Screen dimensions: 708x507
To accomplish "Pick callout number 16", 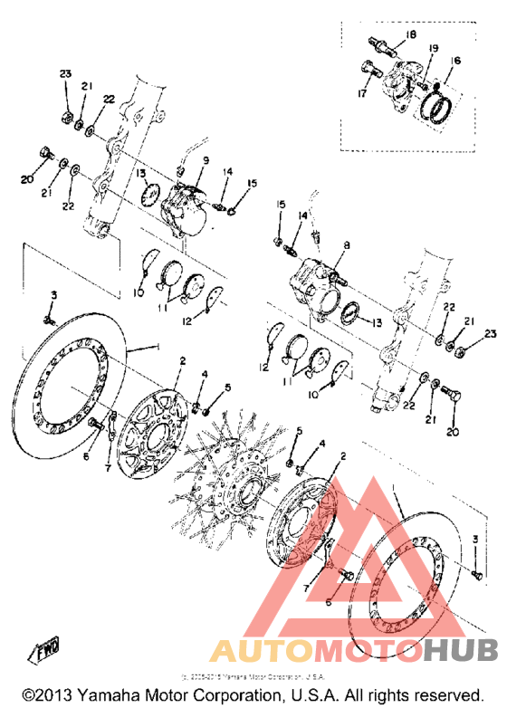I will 455,61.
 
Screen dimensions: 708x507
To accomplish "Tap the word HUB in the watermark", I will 457,650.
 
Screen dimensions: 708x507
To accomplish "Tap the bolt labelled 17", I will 370,67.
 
